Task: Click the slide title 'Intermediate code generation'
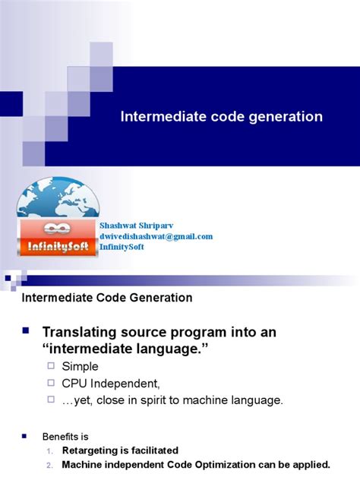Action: [222, 117]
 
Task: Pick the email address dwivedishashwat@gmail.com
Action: [156, 236]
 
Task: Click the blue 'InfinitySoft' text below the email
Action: [122, 247]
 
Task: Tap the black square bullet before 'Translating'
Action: [25, 330]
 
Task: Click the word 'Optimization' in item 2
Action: [230, 464]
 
